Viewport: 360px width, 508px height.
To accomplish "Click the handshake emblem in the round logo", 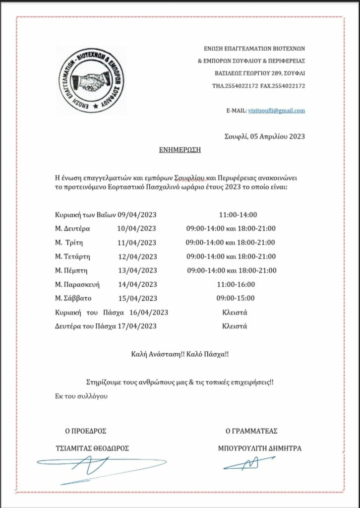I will click(x=90, y=80).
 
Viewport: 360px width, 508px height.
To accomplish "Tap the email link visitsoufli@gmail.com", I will click(x=276, y=110).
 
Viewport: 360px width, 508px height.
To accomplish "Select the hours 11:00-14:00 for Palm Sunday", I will click(x=238, y=215).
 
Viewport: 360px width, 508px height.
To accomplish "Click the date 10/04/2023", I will click(x=136, y=229).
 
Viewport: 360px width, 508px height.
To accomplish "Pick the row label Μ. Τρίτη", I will click(x=69, y=243).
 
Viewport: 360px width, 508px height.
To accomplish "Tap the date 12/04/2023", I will click(x=136, y=256).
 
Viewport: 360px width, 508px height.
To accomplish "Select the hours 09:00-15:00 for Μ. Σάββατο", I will click(x=236, y=298).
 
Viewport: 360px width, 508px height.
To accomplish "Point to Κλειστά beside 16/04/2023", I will click(x=235, y=312).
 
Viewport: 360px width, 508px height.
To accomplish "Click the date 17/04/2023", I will click(x=136, y=326).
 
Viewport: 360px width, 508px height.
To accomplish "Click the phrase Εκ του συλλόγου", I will click(x=81, y=396).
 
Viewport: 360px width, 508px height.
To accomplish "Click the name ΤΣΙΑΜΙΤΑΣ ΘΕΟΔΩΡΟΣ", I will click(x=93, y=448).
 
